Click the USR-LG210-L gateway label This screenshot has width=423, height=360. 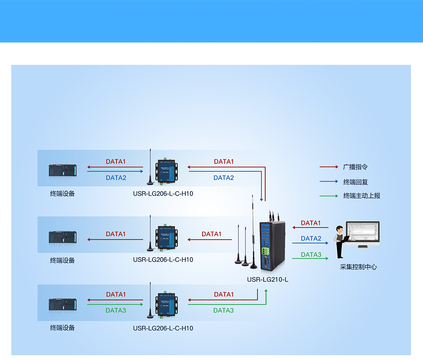267,280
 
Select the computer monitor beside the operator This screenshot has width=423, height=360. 363,234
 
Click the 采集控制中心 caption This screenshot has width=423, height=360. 358,267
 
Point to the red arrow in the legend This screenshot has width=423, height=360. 329,167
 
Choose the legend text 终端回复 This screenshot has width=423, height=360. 355,182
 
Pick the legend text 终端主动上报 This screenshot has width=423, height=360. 361,196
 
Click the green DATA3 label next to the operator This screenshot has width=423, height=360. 311,255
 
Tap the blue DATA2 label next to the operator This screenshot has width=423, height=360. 311,239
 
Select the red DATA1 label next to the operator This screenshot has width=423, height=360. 311,223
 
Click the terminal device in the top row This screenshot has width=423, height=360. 63,171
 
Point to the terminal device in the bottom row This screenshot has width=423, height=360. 63,304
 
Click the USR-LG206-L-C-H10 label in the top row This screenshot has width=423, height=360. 163,193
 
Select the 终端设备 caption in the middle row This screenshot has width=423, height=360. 63,260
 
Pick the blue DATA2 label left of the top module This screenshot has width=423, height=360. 116,178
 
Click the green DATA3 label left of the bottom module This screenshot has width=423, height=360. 116,311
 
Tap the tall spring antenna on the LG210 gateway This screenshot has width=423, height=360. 253,230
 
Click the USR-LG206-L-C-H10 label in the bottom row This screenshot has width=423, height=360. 163,328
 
